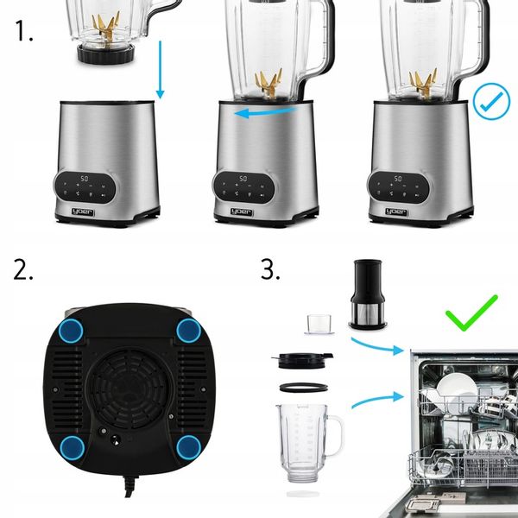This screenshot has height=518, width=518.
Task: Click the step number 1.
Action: [x=24, y=33]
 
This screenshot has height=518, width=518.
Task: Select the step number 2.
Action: [x=24, y=269]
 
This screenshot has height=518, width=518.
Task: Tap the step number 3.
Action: [x=270, y=269]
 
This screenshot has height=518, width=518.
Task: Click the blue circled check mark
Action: [x=492, y=103]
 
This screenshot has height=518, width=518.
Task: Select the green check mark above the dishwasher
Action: [x=471, y=313]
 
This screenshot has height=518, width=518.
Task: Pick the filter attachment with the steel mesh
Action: [x=367, y=294]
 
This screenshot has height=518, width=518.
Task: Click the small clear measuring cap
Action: [x=318, y=323]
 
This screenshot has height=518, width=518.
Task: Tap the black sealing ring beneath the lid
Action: [x=303, y=387]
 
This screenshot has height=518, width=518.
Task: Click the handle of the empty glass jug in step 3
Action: [x=336, y=433]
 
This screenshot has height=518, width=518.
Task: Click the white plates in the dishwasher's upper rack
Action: [x=452, y=385]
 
